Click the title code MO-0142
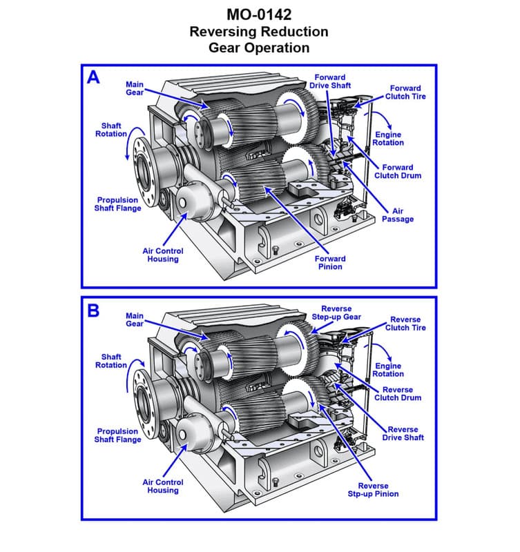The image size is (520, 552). [x=259, y=14]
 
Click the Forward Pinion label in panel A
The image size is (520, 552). [x=330, y=263]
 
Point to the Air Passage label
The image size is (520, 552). [x=398, y=215]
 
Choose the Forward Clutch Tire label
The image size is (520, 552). [x=405, y=92]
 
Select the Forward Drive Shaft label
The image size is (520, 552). [x=329, y=81]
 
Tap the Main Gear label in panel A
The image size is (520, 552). [x=135, y=88]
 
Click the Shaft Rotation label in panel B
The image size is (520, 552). [x=111, y=361]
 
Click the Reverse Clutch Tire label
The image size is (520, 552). [x=405, y=324]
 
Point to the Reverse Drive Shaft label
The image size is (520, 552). [x=403, y=433]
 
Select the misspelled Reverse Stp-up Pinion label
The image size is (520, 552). [x=373, y=490]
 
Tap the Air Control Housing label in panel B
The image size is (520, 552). [x=163, y=486]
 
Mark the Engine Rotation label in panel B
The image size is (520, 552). [x=388, y=370]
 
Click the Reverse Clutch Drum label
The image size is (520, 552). [x=398, y=394]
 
